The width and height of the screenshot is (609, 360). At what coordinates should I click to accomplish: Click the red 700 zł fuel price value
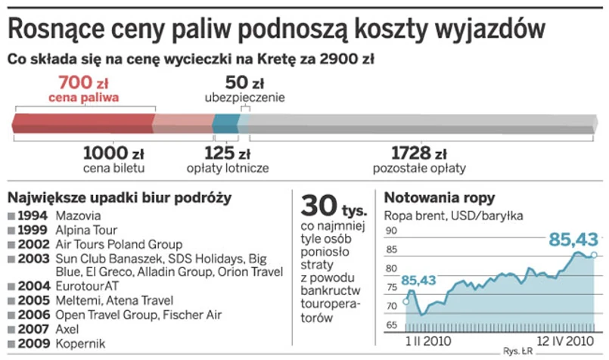pyautogui.click(x=85, y=82)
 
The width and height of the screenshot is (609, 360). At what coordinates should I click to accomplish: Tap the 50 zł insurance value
pyautogui.click(x=244, y=82)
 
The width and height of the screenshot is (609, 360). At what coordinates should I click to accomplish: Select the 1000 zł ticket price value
pyautogui.click(x=113, y=152)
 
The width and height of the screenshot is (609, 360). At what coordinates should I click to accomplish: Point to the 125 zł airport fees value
pyautogui.click(x=227, y=152)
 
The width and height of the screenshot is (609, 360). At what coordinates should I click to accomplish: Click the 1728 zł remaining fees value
pyautogui.click(x=419, y=152)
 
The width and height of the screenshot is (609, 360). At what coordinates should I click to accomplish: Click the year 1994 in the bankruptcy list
pyautogui.click(x=33, y=216)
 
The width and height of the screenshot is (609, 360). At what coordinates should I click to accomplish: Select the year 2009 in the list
pyautogui.click(x=33, y=344)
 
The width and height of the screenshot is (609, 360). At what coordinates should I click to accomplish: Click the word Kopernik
pyautogui.click(x=80, y=344)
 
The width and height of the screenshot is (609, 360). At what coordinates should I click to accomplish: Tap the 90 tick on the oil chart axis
pyautogui.click(x=391, y=231)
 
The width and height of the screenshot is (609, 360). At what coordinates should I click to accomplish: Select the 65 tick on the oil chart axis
pyautogui.click(x=391, y=325)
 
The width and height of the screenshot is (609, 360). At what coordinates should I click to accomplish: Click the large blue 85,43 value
pyautogui.click(x=573, y=240)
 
